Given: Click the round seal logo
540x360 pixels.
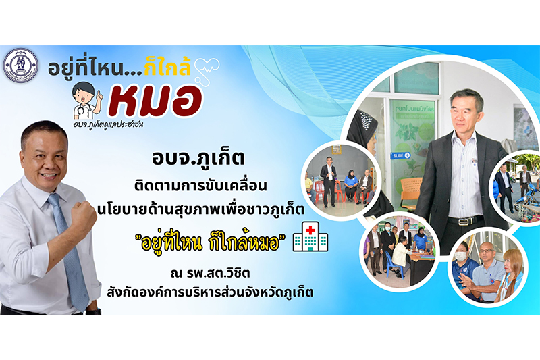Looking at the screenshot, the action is tap(21, 65).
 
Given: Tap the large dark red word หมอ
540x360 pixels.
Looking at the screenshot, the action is tap(155, 101).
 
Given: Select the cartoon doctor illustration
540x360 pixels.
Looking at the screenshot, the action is tap(88, 101).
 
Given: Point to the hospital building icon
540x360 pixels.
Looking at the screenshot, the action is tap(310, 236).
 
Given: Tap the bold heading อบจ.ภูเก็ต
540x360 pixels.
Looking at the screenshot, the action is tap(198, 158).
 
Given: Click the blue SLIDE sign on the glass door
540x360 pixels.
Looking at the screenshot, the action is tap(401, 155).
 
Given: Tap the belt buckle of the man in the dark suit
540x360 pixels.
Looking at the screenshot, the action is tap(466, 220).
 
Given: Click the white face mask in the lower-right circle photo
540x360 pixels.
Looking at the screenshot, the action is tap(461, 256).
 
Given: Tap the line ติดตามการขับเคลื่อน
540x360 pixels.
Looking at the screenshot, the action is tap(201, 186).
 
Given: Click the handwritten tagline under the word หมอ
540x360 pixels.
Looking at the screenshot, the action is tap(108, 124).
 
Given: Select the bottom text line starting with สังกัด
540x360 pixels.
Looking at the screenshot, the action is tap(210, 292).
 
